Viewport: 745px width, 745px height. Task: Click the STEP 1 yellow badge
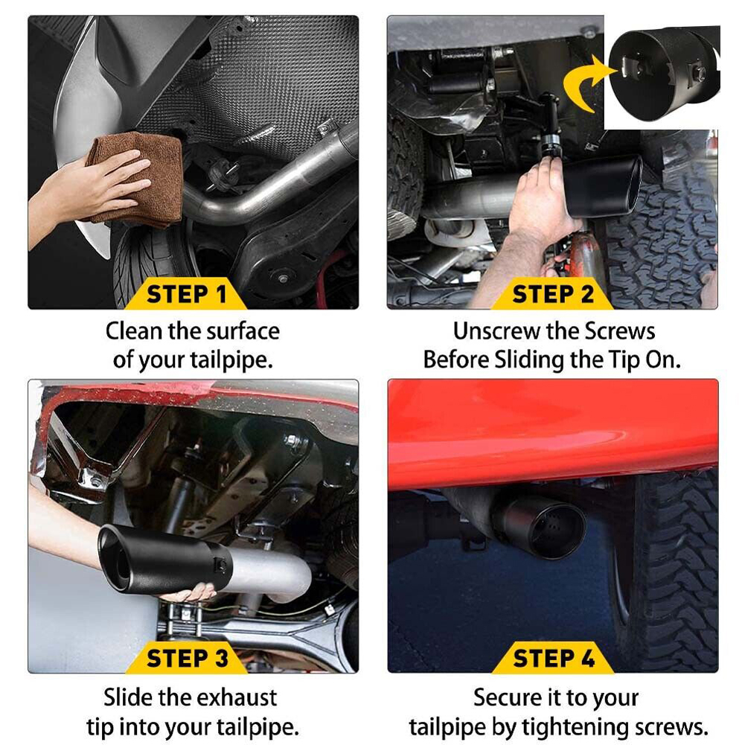186,294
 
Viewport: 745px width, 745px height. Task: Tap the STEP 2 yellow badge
552,294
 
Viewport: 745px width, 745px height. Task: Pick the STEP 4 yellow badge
553,659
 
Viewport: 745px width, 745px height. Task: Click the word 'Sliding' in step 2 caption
529,359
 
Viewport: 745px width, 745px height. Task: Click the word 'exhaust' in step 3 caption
236,697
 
